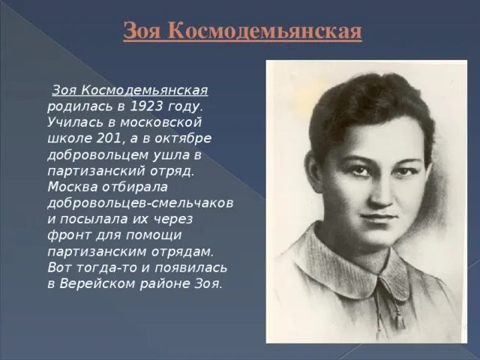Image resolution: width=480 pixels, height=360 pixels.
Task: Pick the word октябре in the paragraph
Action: click(x=184, y=138)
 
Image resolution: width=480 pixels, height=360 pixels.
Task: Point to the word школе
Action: click(x=69, y=138)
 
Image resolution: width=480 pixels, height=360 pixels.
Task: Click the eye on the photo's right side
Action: click(x=396, y=166)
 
